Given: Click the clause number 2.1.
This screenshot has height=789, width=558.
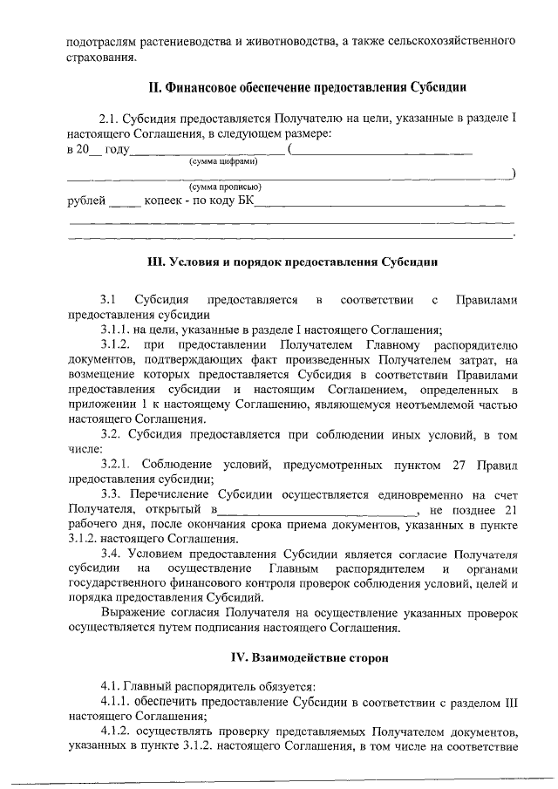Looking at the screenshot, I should [109, 118].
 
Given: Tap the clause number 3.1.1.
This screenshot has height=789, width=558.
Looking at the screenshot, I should [116, 329].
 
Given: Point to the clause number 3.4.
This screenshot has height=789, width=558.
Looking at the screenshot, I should [110, 554].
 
